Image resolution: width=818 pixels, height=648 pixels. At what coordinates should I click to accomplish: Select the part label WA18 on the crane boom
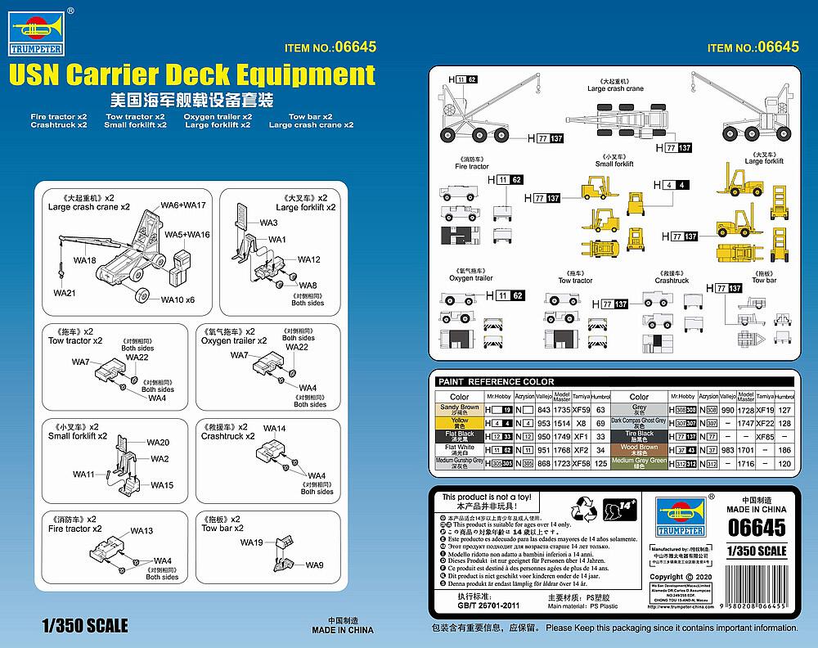click(x=85, y=260)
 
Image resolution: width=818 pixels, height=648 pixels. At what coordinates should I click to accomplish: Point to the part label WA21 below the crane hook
click(x=65, y=292)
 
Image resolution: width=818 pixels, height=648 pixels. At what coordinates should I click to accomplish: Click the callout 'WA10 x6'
click(x=178, y=299)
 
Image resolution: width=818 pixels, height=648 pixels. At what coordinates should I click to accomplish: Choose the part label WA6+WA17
click(x=183, y=205)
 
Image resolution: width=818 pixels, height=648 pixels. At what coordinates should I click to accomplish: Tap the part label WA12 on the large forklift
click(x=308, y=259)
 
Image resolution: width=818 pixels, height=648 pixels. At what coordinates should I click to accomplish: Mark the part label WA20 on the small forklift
click(x=158, y=443)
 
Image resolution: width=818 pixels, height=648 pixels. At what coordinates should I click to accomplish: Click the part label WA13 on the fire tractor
click(x=142, y=531)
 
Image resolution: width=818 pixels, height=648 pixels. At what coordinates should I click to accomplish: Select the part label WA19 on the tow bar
click(x=251, y=542)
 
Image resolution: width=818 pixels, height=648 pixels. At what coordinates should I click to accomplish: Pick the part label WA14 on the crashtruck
click(x=275, y=429)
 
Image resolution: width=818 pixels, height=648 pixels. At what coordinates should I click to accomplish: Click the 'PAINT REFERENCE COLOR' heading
click(x=496, y=382)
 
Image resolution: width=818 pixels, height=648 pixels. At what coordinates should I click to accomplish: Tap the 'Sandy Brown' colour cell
click(x=459, y=410)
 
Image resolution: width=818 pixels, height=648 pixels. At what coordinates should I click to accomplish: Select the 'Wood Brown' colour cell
click(x=639, y=450)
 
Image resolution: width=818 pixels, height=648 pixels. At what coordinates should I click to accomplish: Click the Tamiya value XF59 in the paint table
click(x=581, y=409)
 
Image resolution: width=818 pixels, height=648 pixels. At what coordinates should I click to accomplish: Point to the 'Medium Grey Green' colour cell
click(x=639, y=464)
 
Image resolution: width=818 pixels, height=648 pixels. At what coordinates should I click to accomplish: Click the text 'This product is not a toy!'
click(x=486, y=497)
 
